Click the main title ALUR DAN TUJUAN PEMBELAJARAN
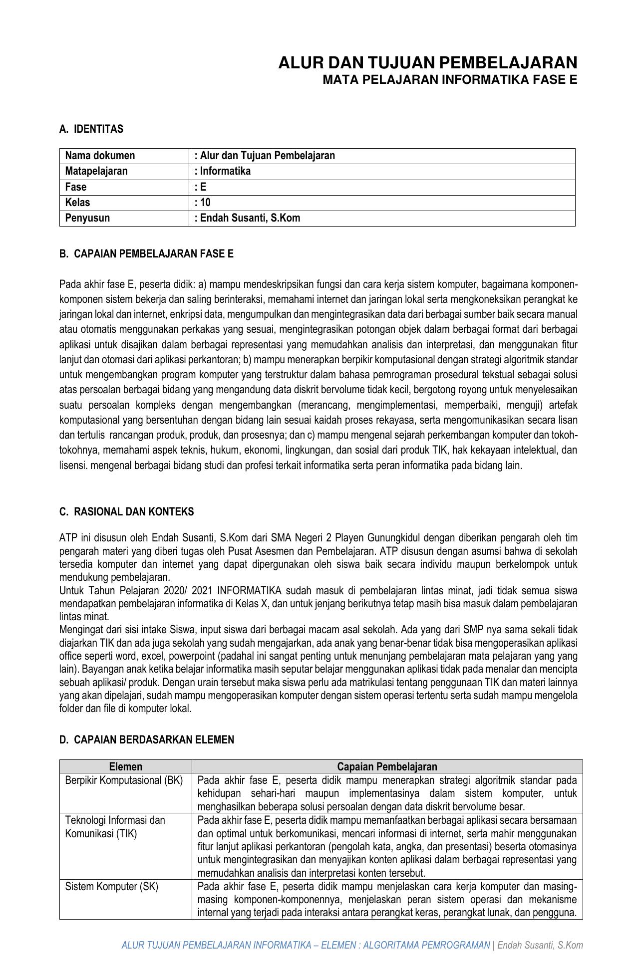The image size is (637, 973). coord(427,63)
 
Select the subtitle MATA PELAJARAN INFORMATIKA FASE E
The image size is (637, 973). coord(449,80)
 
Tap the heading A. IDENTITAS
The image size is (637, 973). coord(91,129)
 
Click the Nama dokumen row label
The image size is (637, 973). coord(100,156)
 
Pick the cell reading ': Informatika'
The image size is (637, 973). coord(223,171)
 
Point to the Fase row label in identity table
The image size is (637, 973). coord(76,187)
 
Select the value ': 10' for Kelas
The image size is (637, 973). coord(203,203)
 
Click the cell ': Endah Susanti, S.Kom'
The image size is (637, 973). coord(248,218)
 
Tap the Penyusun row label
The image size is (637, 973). coord(87,218)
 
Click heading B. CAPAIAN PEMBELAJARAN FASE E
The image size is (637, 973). coord(146,254)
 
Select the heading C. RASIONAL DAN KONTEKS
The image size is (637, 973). coord(126,512)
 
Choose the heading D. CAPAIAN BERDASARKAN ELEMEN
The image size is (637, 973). coord(146,740)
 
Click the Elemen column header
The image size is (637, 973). coord(126,767)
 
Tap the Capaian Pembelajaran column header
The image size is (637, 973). coord(387,767)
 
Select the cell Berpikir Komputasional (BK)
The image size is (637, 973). coord(124,780)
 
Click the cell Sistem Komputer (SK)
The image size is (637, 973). coord(112,887)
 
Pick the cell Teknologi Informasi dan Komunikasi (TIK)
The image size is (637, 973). coord(115,827)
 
